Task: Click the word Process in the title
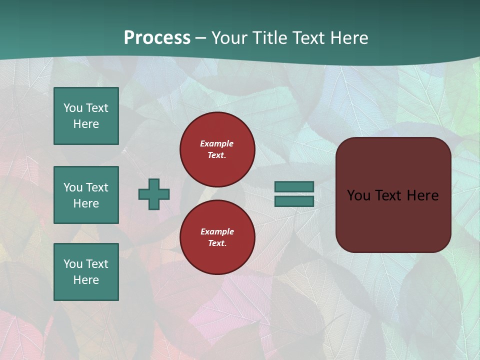tap(157, 38)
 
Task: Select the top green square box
tap(86, 116)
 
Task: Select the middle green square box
tap(86, 195)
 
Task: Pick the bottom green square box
tap(86, 272)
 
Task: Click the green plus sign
tap(154, 194)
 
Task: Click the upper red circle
tap(217, 149)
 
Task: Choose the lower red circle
tap(217, 237)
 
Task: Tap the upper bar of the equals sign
tap(294, 186)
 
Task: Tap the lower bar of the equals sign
tap(294, 201)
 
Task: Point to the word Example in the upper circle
tap(217, 143)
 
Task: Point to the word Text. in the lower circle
tap(217, 243)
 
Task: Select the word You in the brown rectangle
tap(358, 195)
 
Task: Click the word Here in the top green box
tap(86, 124)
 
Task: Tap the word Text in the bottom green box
tap(97, 264)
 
